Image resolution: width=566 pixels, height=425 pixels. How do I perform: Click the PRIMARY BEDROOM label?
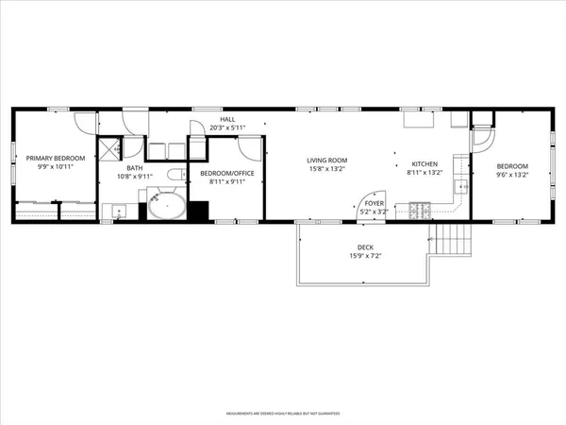click(x=55, y=158)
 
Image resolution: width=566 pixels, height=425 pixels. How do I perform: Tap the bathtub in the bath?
click(x=165, y=207)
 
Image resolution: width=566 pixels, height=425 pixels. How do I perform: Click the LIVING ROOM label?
click(x=326, y=161)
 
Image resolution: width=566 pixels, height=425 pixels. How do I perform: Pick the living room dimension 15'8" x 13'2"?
click(x=326, y=171)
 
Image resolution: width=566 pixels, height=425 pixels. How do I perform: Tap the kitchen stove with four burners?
click(x=418, y=210)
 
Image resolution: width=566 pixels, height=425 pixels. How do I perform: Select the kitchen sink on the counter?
click(x=461, y=186)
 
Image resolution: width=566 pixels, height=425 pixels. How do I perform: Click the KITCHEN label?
click(x=424, y=162)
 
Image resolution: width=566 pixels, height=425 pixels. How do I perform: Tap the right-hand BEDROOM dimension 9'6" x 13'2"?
click(x=512, y=174)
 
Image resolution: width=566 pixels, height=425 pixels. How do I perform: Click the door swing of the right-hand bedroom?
click(x=484, y=137)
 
